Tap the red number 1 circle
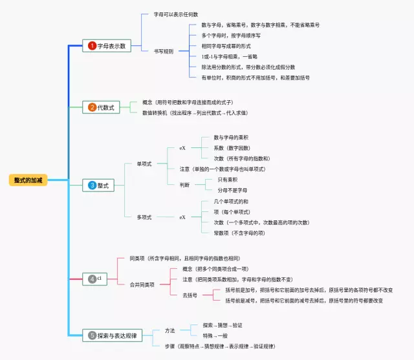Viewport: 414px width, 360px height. click(93, 46)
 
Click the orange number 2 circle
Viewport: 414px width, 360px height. click(93, 107)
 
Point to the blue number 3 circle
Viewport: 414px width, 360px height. click(93, 185)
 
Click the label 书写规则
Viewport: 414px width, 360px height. click(163, 51)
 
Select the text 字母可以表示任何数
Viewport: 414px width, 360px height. click(176, 14)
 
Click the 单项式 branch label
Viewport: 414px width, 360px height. click(144, 164)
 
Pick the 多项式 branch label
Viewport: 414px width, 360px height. click(144, 217)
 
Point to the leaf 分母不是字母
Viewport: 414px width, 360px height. click(232, 190)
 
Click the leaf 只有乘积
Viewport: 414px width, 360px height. click(228, 179)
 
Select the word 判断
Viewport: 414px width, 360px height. click(185, 184)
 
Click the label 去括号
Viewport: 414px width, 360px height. click(190, 295)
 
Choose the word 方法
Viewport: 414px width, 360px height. click(169, 330)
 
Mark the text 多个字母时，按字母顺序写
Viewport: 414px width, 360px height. click(231, 36)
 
